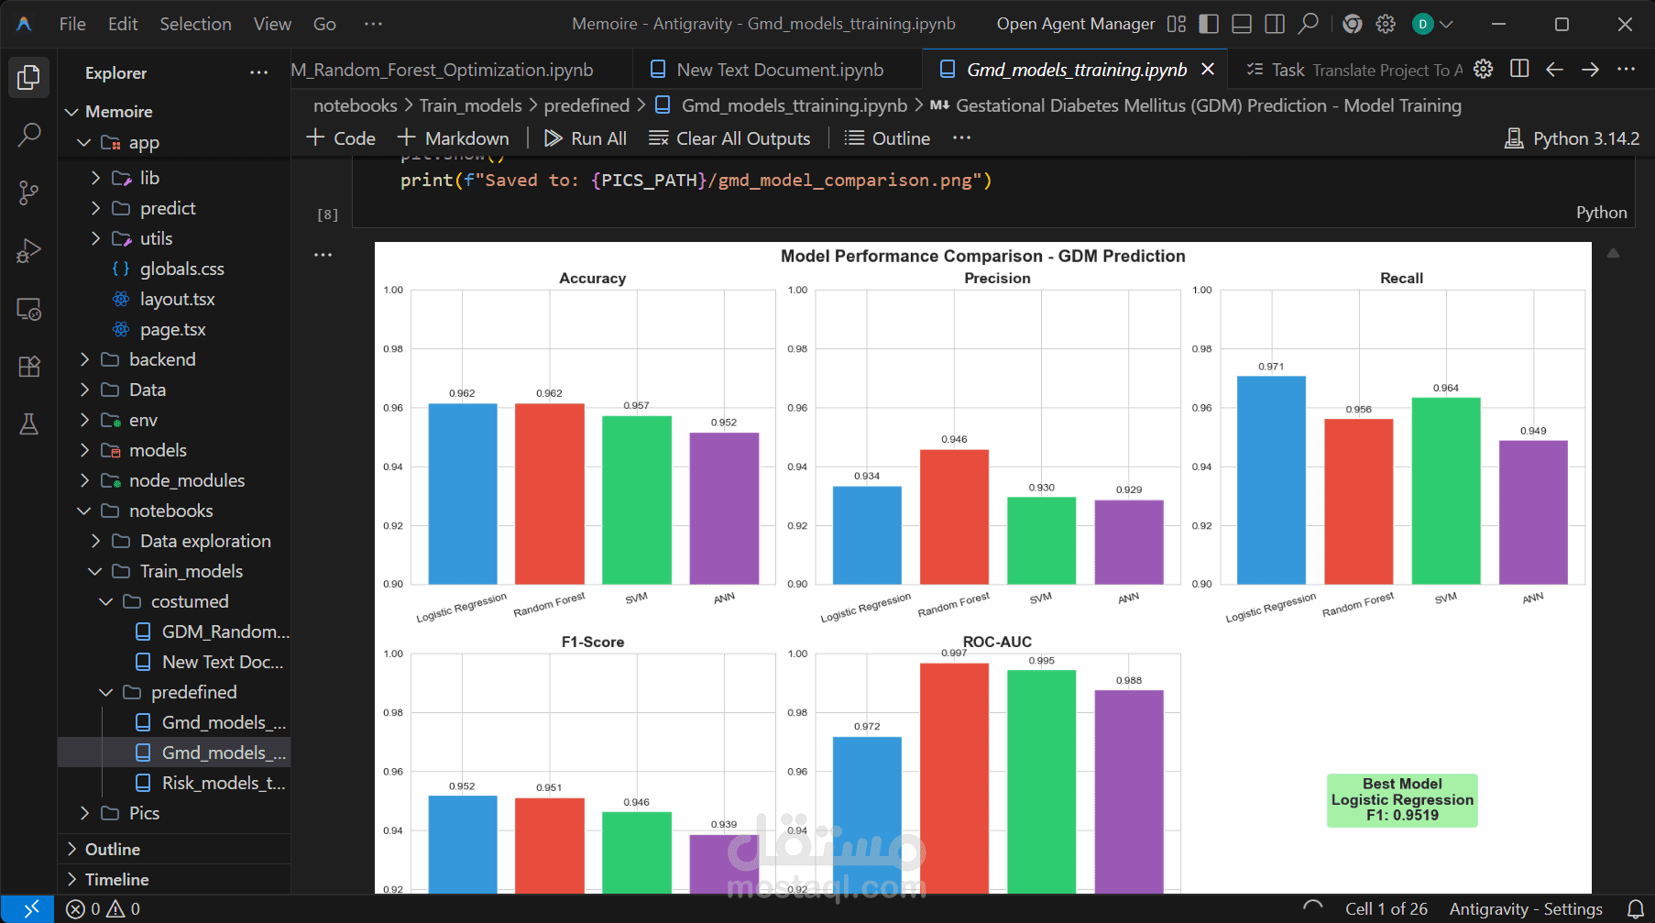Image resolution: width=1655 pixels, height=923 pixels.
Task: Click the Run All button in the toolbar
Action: pyautogui.click(x=586, y=138)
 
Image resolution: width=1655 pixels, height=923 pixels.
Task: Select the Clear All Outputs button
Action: pyautogui.click(x=729, y=138)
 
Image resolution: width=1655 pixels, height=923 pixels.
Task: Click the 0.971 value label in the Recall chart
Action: pyautogui.click(x=1271, y=367)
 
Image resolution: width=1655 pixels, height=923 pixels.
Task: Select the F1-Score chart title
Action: pyautogui.click(x=593, y=643)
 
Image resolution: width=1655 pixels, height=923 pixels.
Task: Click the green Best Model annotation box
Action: pyautogui.click(x=1402, y=800)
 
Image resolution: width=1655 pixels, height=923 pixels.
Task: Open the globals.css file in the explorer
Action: pyautogui.click(x=181, y=269)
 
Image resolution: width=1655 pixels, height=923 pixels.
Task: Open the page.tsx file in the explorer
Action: pyautogui.click(x=172, y=329)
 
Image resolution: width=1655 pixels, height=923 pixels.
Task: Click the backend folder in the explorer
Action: pyautogui.click(x=162, y=359)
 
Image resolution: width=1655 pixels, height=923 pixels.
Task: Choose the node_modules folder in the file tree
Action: pyautogui.click(x=187, y=480)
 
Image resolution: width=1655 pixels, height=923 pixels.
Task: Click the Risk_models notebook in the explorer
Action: pyautogui.click(x=223, y=783)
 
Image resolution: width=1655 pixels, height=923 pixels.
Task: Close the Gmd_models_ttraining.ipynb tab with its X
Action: pyautogui.click(x=1208, y=70)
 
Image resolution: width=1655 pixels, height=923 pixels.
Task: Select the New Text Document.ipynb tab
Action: pyautogui.click(x=779, y=70)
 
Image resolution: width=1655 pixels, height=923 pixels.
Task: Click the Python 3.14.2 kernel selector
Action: pyautogui.click(x=1573, y=138)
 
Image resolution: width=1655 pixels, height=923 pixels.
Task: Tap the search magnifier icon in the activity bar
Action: pyautogui.click(x=29, y=135)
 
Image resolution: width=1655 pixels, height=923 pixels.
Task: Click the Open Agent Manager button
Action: pyautogui.click(x=1075, y=24)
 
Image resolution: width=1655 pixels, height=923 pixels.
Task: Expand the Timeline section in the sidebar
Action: pyautogui.click(x=116, y=879)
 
